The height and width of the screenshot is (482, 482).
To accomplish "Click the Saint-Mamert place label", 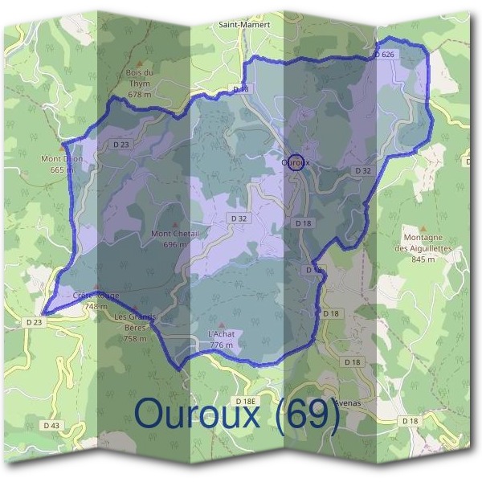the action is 244,25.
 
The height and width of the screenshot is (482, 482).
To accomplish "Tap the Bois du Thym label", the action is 140,78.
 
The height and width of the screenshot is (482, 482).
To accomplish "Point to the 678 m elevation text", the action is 140,95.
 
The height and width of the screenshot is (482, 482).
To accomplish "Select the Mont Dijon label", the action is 62,159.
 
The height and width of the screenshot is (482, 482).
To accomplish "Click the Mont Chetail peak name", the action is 174,234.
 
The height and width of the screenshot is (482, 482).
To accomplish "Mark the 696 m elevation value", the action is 174,244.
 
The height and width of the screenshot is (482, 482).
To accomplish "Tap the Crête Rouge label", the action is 96,296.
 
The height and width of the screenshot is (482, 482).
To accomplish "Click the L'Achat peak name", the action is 220,334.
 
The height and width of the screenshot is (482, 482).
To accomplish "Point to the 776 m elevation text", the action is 221,345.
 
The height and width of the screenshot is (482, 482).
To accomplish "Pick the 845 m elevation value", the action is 423,259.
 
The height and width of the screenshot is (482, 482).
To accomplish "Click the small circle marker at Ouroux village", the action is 296,162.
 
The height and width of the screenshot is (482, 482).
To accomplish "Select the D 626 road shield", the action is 385,54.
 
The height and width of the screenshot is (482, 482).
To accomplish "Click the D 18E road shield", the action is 245,399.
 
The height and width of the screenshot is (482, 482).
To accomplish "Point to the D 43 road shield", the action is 51,424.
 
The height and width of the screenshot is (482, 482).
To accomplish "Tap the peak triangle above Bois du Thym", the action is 140,62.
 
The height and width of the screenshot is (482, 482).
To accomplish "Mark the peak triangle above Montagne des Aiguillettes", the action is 423,228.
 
